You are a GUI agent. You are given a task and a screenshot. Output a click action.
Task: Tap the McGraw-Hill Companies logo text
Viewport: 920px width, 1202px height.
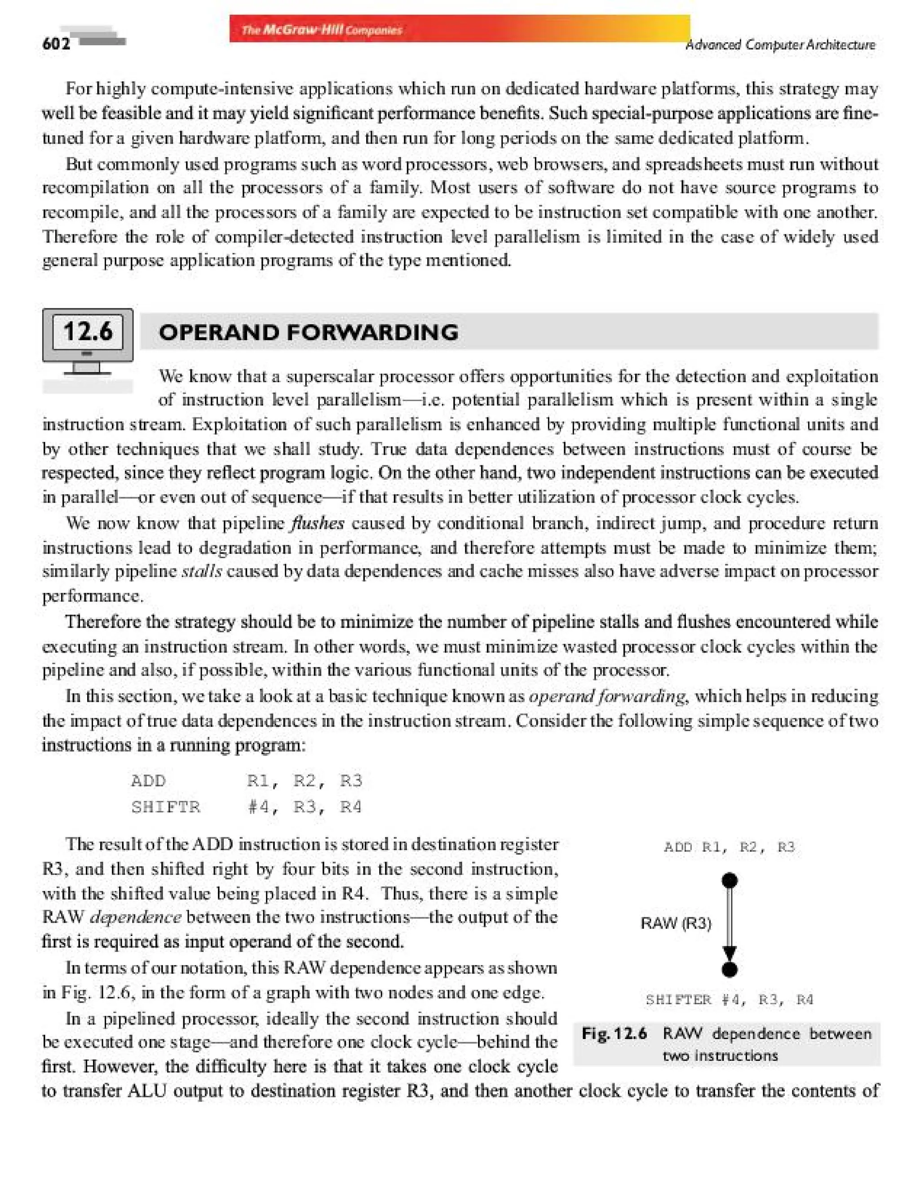click(x=322, y=30)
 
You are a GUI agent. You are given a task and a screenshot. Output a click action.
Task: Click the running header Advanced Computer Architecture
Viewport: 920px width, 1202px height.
click(x=780, y=44)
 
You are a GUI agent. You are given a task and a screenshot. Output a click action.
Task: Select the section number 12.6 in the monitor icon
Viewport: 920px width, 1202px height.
click(x=88, y=331)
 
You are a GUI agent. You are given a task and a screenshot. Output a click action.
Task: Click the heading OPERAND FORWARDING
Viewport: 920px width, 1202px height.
click(x=308, y=332)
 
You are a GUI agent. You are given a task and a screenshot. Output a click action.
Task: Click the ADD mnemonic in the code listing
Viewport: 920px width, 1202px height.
click(x=148, y=780)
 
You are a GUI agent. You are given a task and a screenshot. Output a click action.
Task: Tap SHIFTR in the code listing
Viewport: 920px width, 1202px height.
click(x=166, y=807)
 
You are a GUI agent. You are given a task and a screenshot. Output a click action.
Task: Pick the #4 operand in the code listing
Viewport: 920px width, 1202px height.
click(x=258, y=807)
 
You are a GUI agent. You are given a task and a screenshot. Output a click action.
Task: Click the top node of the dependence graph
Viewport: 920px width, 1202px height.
click(x=730, y=880)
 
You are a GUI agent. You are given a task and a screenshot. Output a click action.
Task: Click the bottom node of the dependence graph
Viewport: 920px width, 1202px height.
click(x=730, y=970)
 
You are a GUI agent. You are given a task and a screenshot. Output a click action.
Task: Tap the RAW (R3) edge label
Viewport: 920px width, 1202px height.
click(x=676, y=924)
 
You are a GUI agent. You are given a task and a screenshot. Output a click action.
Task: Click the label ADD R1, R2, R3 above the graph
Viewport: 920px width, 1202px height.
click(x=729, y=847)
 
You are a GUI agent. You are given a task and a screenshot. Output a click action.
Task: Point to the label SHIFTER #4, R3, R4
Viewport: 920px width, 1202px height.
click(x=729, y=1000)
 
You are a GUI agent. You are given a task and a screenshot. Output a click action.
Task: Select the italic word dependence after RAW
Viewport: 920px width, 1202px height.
click(x=135, y=917)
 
